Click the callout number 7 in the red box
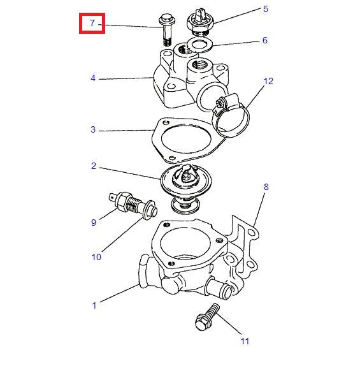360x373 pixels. tap(92, 24)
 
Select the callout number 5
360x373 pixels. tap(265, 10)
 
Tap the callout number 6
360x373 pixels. tap(265, 40)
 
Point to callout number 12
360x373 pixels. tap(268, 81)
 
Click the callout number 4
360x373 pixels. tap(93, 78)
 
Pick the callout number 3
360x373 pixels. tap(93, 130)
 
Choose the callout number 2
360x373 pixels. tap(93, 166)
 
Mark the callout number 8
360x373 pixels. tap(266, 187)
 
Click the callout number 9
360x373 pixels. tap(93, 223)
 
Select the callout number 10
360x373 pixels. tap(96, 257)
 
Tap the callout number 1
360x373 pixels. tap(94, 305)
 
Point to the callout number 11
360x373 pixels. tap(245, 341)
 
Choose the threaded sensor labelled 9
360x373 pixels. tap(133, 203)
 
